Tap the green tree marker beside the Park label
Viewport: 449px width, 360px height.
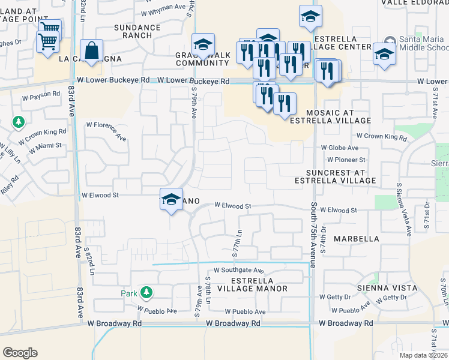[x=146, y=293]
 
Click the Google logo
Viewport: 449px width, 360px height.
[x=20, y=352]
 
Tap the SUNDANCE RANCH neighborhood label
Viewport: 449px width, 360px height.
[x=137, y=32]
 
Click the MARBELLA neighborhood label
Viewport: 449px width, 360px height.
[x=357, y=238]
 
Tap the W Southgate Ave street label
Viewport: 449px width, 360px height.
[x=238, y=271]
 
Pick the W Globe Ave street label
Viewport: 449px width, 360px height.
[x=339, y=148]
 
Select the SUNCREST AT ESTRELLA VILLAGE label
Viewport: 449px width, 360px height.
[x=336, y=176]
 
